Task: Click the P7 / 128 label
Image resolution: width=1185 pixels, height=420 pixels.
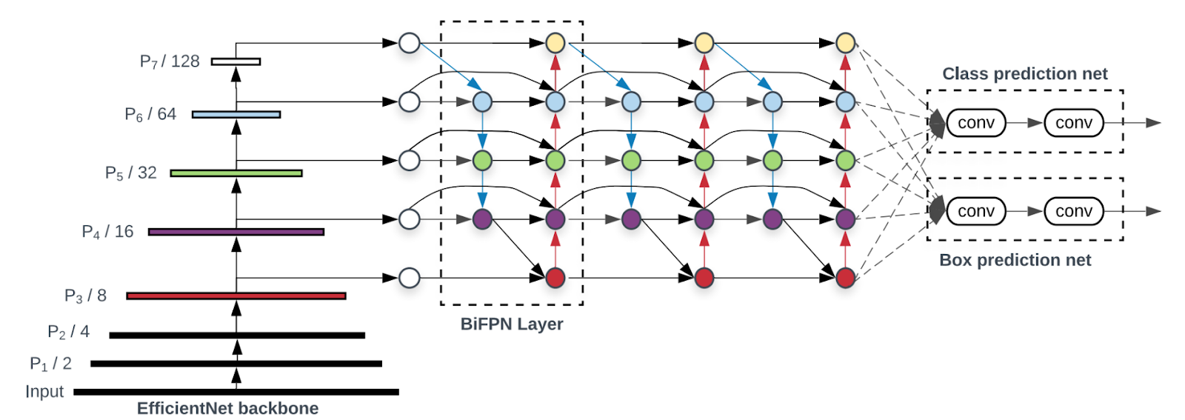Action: (170, 61)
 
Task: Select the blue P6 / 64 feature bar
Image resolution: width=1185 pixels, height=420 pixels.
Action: (236, 114)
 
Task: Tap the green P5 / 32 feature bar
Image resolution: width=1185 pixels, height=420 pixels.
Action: (236, 173)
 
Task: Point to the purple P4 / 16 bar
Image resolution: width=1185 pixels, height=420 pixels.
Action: (236, 232)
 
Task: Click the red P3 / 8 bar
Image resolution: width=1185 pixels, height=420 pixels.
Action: (236, 296)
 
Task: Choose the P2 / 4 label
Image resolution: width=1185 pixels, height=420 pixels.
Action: (68, 332)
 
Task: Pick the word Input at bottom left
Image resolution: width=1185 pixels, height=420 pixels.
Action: (44, 392)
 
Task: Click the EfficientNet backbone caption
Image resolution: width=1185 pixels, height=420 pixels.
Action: (227, 408)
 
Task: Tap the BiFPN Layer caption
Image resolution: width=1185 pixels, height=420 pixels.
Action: (512, 324)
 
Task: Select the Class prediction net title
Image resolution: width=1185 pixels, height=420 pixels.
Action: (1024, 74)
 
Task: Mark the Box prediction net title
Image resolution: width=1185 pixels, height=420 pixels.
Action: (1015, 260)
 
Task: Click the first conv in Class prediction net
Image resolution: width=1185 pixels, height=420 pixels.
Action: (976, 123)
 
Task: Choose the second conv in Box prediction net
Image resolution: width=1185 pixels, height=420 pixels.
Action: (1074, 211)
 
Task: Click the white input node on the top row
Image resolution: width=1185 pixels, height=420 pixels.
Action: (410, 43)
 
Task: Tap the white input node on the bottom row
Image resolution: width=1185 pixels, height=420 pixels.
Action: (410, 278)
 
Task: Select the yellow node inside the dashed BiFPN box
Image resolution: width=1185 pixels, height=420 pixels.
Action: (555, 43)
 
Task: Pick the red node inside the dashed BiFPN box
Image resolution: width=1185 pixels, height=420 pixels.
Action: (555, 278)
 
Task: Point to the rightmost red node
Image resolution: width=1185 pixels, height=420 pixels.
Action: (845, 278)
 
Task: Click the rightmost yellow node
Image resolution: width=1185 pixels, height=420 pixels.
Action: (845, 43)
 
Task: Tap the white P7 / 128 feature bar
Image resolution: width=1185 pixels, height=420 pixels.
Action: (236, 61)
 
